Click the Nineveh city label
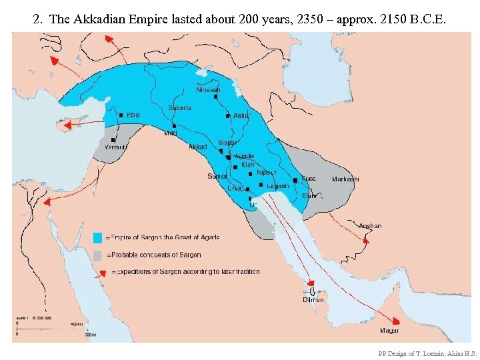208,89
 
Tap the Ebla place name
133,115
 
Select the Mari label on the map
171,133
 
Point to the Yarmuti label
116,148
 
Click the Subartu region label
180,107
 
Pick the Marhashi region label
345,179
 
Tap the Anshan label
370,226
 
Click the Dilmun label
313,300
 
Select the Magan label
390,331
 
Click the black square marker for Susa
295,180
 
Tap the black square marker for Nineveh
215,97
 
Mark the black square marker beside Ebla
121,115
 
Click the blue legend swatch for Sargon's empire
98,237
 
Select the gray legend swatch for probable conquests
98,255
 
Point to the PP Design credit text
427,353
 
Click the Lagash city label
278,186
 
